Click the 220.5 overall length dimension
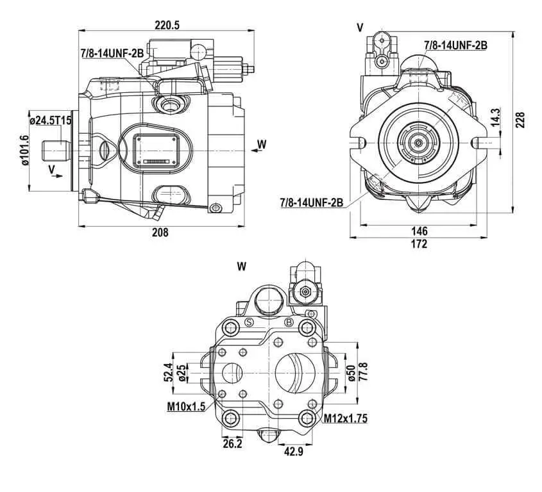coord(167,25)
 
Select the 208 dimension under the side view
coord(160,233)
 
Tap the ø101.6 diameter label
coord(24,150)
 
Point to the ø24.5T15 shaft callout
coord(51,120)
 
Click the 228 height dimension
coord(520,120)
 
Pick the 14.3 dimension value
coord(495,117)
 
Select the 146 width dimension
coord(419,231)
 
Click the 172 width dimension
coord(419,244)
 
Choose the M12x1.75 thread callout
coord(345,418)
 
